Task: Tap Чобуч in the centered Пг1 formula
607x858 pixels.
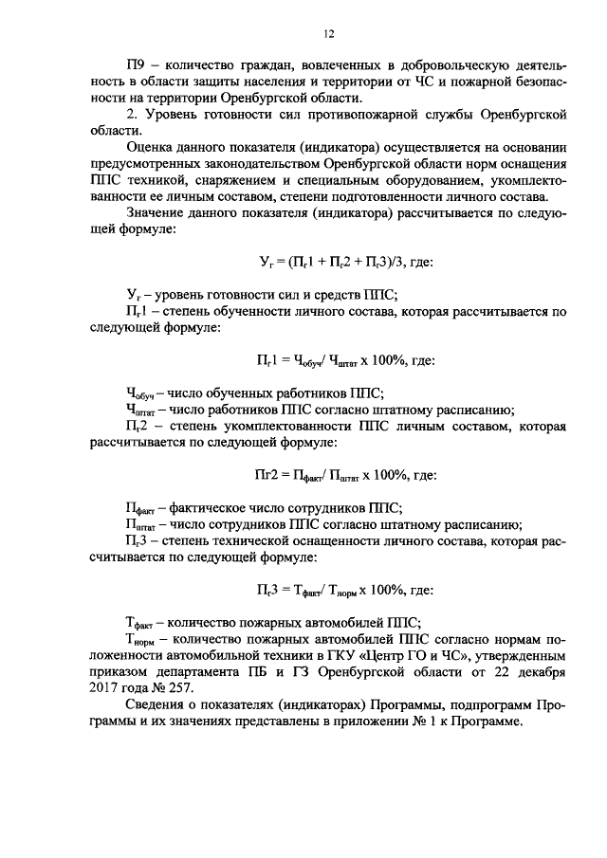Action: point(309,360)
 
